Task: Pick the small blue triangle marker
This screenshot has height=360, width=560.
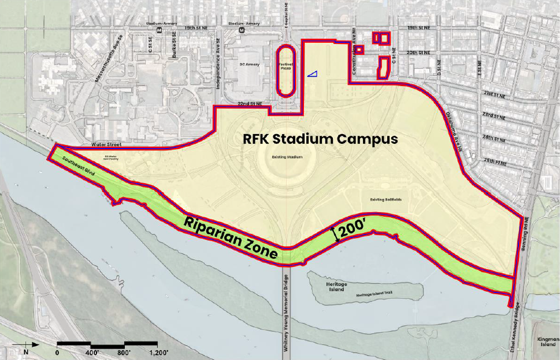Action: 312,73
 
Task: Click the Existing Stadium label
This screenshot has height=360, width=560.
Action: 287,157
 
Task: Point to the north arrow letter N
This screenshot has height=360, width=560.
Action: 26,351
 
